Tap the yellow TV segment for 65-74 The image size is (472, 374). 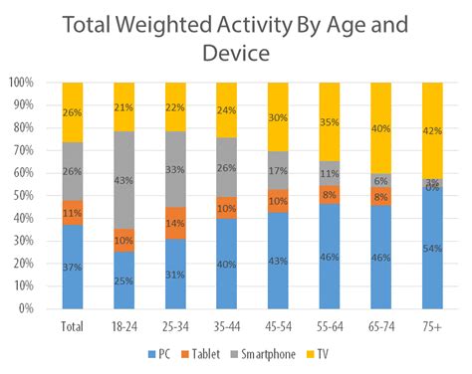click(x=381, y=128)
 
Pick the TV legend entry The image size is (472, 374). click(x=321, y=352)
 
